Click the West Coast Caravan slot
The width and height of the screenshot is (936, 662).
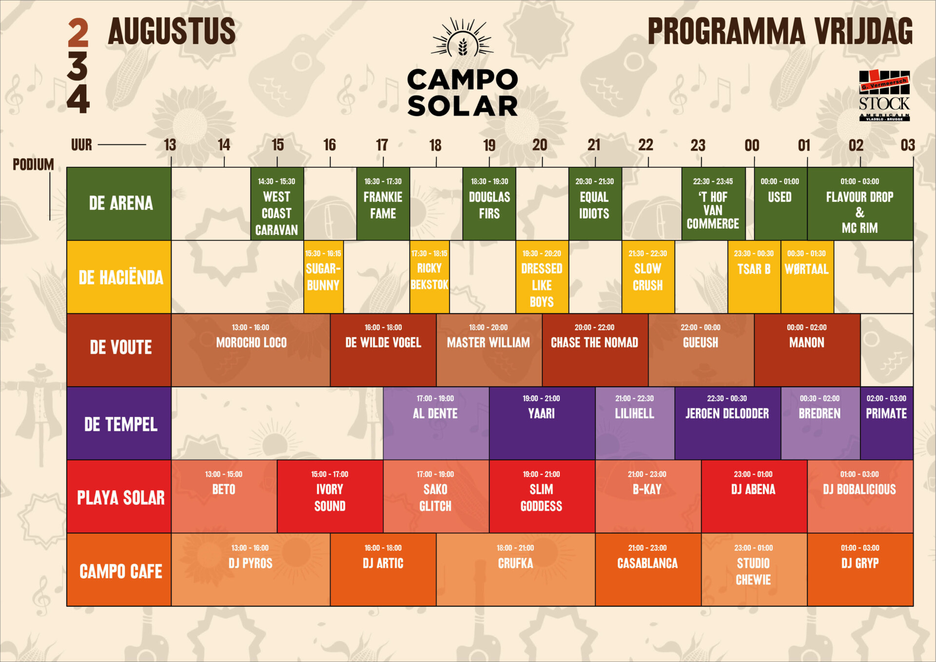(x=277, y=204)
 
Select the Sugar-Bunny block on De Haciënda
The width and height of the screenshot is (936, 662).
(x=323, y=277)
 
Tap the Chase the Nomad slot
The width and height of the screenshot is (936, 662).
(x=595, y=350)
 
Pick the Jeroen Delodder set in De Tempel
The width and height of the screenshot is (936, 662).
(x=727, y=423)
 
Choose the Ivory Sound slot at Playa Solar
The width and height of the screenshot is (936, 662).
(x=330, y=496)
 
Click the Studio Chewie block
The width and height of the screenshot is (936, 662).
(x=754, y=569)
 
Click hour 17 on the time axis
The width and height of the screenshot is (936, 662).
(x=382, y=145)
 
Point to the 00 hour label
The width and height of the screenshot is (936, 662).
(x=752, y=145)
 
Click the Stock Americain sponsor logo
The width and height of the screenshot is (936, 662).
(x=884, y=96)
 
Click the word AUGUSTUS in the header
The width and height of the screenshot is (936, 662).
(x=172, y=31)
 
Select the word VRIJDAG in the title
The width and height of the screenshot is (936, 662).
(x=863, y=31)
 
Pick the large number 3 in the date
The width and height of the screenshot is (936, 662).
(x=78, y=66)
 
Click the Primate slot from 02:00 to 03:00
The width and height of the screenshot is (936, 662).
(x=887, y=423)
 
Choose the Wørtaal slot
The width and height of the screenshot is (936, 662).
(x=807, y=277)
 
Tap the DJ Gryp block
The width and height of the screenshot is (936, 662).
(x=860, y=569)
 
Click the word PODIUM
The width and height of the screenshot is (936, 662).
(x=33, y=164)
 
